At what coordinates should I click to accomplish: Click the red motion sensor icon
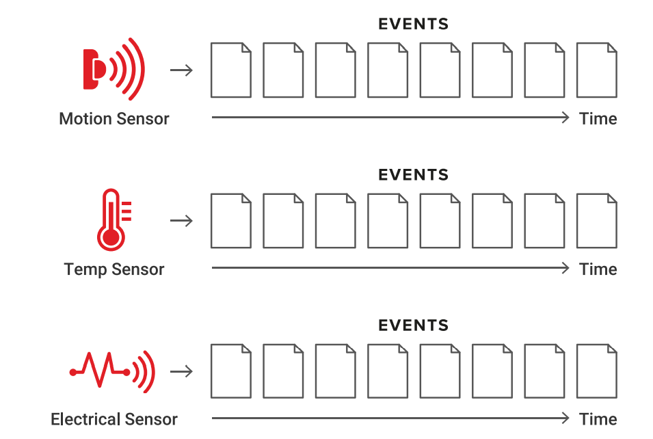[x=114, y=68]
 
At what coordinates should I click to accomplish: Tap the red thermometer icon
[x=113, y=219]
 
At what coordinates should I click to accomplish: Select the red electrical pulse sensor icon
[x=114, y=371]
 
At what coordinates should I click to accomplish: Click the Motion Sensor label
[x=114, y=119]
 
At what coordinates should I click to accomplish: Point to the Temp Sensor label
[x=114, y=269]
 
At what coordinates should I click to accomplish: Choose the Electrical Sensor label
[x=114, y=419]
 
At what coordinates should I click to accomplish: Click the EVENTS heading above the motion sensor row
[x=413, y=25]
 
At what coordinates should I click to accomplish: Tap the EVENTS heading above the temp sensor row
[x=413, y=175]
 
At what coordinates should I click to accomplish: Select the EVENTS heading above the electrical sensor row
[x=413, y=325]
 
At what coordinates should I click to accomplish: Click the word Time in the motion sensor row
[x=598, y=119]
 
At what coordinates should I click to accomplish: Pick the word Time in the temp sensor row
[x=598, y=269]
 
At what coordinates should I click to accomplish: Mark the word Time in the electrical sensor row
[x=598, y=419]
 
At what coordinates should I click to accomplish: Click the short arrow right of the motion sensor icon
[x=181, y=70]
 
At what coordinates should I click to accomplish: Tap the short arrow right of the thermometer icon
[x=181, y=221]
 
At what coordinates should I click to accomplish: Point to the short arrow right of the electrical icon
[x=181, y=371]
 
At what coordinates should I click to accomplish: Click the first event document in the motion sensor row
[x=230, y=70]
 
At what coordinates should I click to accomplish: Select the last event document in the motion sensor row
[x=596, y=70]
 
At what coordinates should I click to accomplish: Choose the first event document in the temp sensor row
[x=230, y=220]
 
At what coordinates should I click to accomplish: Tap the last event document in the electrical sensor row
[x=596, y=371]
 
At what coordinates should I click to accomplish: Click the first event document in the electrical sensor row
[x=230, y=371]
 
